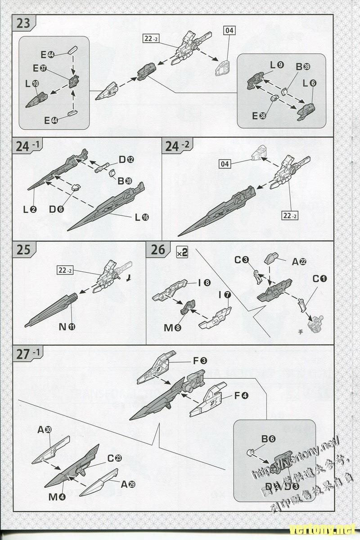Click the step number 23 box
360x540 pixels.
tap(23, 23)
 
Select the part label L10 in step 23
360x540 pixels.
tap(32, 84)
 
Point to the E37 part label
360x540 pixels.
tap(40, 68)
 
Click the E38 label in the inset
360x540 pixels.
tap(259, 116)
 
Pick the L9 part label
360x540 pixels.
tap(277, 65)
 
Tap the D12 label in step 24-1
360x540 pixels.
tap(126, 159)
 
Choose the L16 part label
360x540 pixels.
tap(142, 217)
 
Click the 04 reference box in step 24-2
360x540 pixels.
tap(225, 164)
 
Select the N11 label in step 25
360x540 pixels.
tap(67, 327)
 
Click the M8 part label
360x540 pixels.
tap(172, 328)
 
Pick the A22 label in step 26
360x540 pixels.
tap(299, 261)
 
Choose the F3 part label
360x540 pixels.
tap(200, 360)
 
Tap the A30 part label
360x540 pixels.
tap(44, 430)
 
